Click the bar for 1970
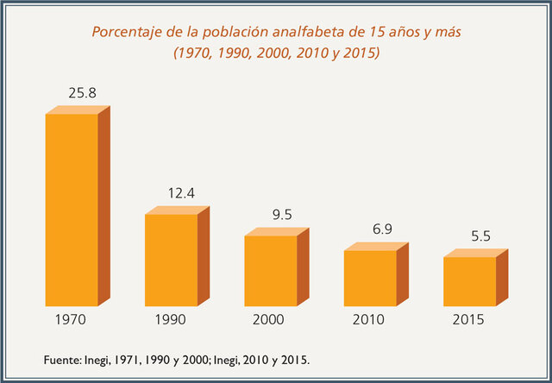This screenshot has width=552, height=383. [72, 210]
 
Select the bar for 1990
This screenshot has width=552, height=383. [171, 260]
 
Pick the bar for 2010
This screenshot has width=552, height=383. [370, 278]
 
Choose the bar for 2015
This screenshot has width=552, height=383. [469, 281]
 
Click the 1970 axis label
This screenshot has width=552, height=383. [70, 320]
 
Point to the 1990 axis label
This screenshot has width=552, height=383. [170, 320]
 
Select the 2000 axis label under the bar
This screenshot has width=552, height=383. [270, 320]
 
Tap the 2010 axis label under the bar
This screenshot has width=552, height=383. [370, 320]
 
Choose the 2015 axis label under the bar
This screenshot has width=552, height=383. [469, 320]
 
